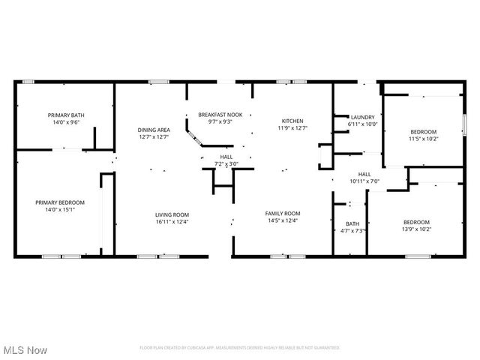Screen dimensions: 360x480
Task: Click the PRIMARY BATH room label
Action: pos(66,115)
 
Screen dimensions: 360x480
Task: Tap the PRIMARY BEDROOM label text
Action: pos(60,202)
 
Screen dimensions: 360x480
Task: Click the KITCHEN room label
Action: pos(292,121)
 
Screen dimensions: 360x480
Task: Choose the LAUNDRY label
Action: pos(362,118)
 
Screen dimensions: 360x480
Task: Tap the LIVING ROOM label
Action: pos(172,214)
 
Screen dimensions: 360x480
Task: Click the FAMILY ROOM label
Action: pos(283,214)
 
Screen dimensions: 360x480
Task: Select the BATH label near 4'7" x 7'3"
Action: pos(352,224)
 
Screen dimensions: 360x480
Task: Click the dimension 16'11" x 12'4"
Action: pos(172,221)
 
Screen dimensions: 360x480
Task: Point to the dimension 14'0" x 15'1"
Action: pos(60,209)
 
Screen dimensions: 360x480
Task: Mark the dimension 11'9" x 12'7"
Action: pos(292,127)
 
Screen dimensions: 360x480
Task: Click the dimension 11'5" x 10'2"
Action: pos(423,138)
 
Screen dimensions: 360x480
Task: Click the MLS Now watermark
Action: pos(25,350)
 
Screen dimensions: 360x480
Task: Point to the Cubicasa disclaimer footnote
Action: pos(240,348)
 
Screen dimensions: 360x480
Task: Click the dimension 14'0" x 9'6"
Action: pos(66,122)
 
